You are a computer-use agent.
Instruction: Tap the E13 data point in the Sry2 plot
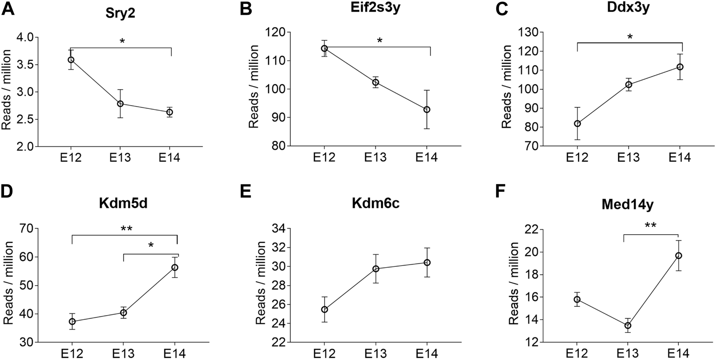point(120,104)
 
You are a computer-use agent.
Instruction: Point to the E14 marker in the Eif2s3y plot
point(427,109)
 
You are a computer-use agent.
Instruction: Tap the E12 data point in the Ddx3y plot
point(578,124)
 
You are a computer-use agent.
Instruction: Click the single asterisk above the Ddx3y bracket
point(630,37)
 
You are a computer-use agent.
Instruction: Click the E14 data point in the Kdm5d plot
point(175,267)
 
